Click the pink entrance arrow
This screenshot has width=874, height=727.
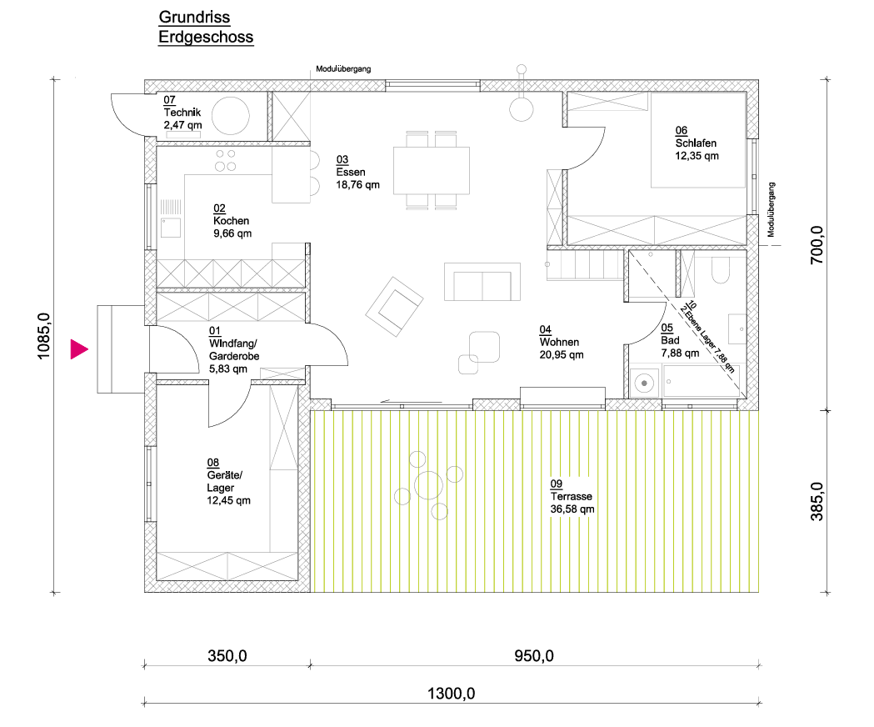click(x=78, y=349)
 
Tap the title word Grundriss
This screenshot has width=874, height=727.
click(x=194, y=18)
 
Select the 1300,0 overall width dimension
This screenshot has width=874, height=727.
click(x=451, y=694)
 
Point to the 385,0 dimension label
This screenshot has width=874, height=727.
click(x=817, y=502)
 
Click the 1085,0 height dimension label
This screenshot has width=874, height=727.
click(x=43, y=337)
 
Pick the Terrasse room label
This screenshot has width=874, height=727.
click(x=572, y=496)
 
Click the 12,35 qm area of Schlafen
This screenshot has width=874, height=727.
click(x=697, y=156)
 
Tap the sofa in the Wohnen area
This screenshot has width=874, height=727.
click(x=482, y=283)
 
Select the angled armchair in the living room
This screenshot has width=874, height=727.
click(x=394, y=306)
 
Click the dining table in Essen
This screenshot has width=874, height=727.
click(x=432, y=170)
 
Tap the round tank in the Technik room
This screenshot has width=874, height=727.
click(x=230, y=116)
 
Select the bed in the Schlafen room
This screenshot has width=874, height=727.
click(x=698, y=140)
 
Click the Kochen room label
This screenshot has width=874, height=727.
click(x=231, y=221)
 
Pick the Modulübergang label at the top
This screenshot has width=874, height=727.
click(x=343, y=69)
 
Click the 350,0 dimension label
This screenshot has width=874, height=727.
click(x=227, y=655)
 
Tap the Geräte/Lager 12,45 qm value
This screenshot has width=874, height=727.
click(x=228, y=500)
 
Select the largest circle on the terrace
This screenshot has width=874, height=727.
click(x=428, y=485)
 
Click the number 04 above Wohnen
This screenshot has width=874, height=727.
click(x=545, y=330)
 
